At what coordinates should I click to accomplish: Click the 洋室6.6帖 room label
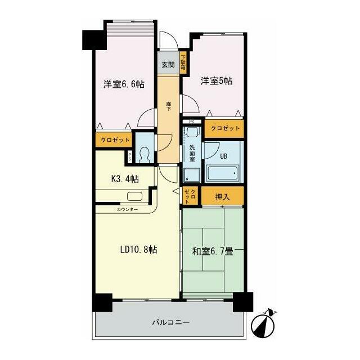(124, 84)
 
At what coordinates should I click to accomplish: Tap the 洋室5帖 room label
(217, 81)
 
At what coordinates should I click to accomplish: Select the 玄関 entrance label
(168, 65)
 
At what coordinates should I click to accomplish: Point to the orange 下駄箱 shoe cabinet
(183, 61)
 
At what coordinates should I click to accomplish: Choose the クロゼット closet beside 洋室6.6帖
(115, 140)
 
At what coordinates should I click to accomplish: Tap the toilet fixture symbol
(145, 154)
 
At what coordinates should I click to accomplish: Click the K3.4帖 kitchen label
(124, 179)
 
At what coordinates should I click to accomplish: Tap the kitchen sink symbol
(134, 197)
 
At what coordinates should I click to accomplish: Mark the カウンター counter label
(127, 209)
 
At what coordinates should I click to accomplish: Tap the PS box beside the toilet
(130, 157)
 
